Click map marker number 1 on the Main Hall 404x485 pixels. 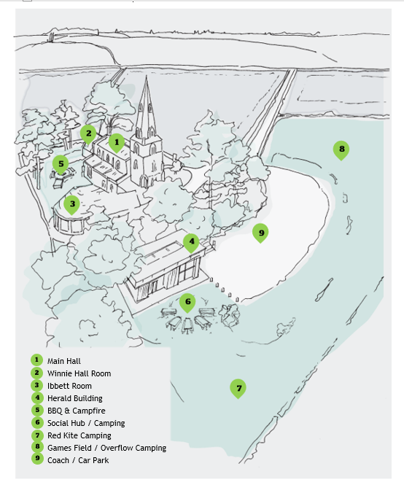pos(117,143)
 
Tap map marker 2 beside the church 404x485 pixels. pos(88,134)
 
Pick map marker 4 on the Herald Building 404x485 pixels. pos(191,242)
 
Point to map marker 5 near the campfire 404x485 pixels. pos(61,165)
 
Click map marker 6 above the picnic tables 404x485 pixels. pos(187,303)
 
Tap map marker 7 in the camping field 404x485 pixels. pos(238,389)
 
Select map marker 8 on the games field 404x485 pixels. pos(341,150)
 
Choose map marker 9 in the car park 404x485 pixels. pos(260,233)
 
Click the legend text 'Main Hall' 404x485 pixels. pos(63,361)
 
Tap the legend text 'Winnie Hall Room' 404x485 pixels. pos(79,373)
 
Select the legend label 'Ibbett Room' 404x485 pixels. pos(69,386)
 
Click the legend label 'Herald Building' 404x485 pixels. pos(75,398)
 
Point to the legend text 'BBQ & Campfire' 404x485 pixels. pos(76,411)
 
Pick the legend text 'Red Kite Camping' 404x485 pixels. pos(79,435)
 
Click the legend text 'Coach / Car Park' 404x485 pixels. pos(78,460)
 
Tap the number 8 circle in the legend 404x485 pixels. pos(37,446)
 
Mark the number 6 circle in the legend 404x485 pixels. pos(37,422)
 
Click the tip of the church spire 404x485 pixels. pos(147,76)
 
